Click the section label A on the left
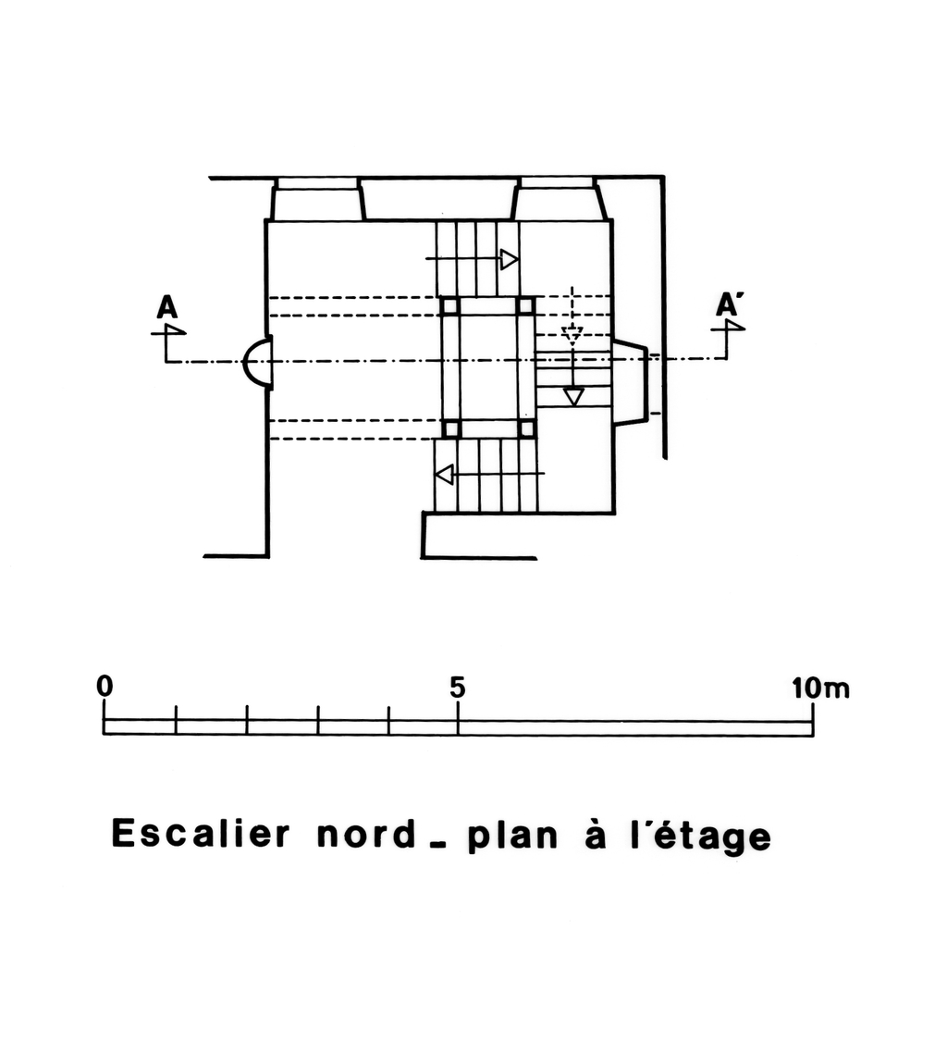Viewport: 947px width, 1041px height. click(x=167, y=306)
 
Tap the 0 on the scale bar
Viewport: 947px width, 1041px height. click(x=105, y=687)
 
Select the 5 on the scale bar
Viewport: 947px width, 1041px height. click(x=457, y=688)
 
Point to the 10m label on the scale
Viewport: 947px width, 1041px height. click(x=819, y=688)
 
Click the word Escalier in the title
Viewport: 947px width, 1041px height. click(x=201, y=834)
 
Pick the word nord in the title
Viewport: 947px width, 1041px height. click(x=365, y=835)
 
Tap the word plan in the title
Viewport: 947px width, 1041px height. click(x=513, y=837)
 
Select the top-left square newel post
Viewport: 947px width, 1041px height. click(x=450, y=306)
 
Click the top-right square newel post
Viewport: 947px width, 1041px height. click(x=525, y=306)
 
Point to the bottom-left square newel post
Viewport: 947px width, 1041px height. click(x=450, y=428)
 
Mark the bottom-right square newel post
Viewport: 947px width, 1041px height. click(x=525, y=428)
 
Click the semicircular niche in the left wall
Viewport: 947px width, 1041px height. click(x=257, y=361)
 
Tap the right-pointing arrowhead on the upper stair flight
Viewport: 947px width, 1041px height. click(x=509, y=260)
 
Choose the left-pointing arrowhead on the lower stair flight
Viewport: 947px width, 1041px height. click(x=445, y=475)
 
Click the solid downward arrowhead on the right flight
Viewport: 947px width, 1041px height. click(x=573, y=397)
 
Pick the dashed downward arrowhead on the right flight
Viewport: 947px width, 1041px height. click(x=572, y=336)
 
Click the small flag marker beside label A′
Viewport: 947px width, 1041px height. click(x=734, y=327)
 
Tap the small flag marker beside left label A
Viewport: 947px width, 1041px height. click(x=173, y=329)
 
